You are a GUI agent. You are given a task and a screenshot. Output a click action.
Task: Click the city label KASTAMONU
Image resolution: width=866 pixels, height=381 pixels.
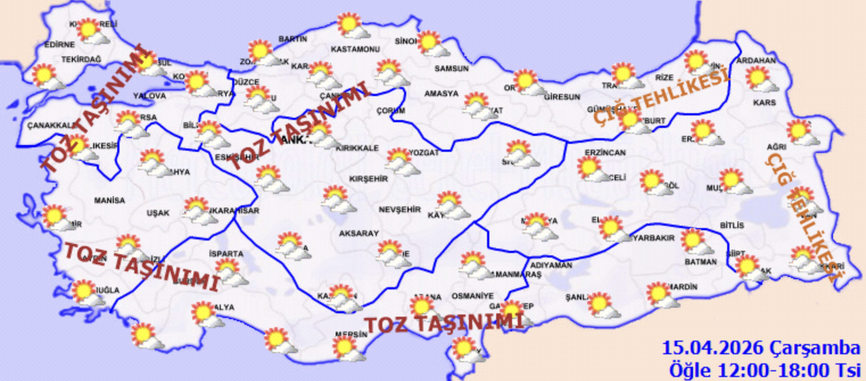(355, 49)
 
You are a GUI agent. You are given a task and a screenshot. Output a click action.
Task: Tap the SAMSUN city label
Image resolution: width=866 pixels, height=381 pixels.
(451, 68)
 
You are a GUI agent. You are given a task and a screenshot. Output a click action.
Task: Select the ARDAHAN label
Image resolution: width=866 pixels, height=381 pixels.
(756, 60)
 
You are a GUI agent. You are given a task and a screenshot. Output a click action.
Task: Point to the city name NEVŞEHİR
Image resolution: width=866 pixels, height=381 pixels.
(400, 210)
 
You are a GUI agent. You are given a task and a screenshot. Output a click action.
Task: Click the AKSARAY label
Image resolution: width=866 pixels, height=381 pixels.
(358, 234)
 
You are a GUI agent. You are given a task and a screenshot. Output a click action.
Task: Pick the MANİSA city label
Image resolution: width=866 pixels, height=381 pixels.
(109, 200)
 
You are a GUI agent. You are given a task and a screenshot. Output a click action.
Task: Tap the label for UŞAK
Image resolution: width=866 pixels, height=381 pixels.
(158, 213)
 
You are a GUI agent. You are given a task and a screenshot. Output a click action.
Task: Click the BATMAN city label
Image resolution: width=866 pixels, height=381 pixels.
(700, 262)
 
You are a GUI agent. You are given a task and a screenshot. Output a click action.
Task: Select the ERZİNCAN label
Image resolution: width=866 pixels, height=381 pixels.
(605, 153)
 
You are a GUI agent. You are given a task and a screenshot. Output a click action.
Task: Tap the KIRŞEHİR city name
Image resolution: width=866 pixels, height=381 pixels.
(368, 179)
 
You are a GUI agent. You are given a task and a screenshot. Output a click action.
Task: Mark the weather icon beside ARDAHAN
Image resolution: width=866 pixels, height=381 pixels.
(760, 78)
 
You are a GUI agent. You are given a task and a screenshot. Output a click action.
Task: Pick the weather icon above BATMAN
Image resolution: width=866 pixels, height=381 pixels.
(696, 241)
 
